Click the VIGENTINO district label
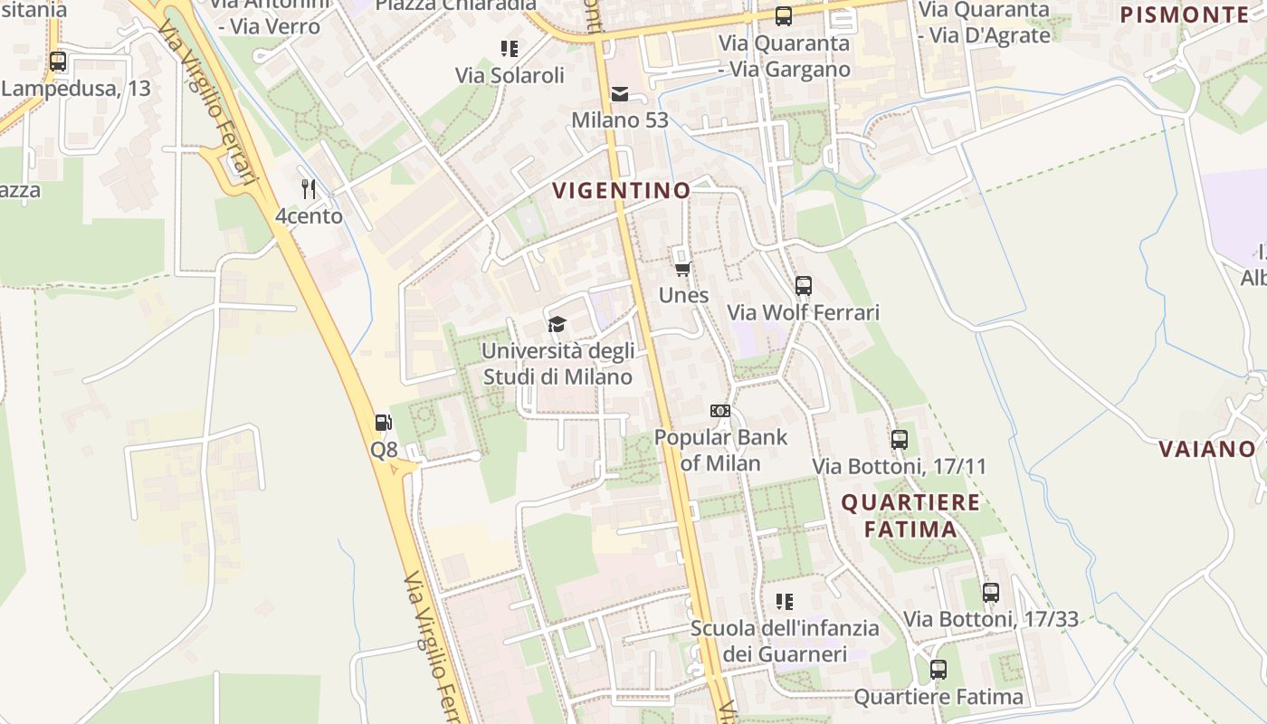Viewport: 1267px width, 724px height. (x=621, y=191)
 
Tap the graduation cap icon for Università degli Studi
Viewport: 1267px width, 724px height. (x=557, y=324)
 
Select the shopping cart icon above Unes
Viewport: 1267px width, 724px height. (x=683, y=269)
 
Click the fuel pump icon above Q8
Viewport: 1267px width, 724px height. (x=384, y=422)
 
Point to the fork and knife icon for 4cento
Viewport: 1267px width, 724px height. (x=309, y=189)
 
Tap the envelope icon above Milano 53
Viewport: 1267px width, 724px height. (x=620, y=93)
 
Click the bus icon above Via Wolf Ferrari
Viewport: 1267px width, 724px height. (x=803, y=286)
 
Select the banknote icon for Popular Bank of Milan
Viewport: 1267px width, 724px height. (x=720, y=411)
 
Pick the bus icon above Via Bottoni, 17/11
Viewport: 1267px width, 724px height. (x=899, y=440)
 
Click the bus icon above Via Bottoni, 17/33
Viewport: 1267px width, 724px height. (x=991, y=593)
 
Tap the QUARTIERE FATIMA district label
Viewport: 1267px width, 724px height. (x=910, y=516)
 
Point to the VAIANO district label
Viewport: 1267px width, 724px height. (x=1207, y=449)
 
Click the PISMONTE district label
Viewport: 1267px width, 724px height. (x=1184, y=14)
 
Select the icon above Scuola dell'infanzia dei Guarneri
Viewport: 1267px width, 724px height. (x=785, y=601)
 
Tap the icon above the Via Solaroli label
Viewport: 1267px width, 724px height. (x=510, y=48)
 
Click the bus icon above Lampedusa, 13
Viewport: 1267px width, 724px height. (x=58, y=62)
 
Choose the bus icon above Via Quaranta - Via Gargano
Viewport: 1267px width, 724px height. (x=784, y=16)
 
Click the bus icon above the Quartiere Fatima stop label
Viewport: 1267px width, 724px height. (x=938, y=670)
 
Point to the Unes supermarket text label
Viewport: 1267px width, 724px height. (x=683, y=296)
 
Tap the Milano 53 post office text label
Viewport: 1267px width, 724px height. (x=620, y=120)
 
